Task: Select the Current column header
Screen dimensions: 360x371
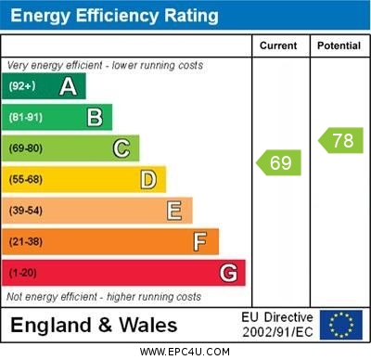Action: click(x=278, y=45)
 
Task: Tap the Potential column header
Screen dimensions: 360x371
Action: click(x=339, y=45)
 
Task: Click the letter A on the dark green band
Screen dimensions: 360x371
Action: click(x=68, y=86)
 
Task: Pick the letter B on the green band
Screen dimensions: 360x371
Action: click(x=95, y=117)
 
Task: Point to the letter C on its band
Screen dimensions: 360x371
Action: click(x=122, y=148)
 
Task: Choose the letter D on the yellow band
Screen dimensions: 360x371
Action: click(x=148, y=179)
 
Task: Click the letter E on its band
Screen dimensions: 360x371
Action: click(x=174, y=211)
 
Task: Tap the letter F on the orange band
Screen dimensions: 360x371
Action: click(x=200, y=241)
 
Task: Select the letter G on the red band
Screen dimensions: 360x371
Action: click(x=228, y=273)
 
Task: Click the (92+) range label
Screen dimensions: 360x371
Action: click(x=22, y=86)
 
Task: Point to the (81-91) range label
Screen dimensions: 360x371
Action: click(x=26, y=118)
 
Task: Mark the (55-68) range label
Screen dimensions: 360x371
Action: click(x=26, y=180)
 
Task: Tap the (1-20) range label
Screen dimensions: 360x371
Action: click(x=23, y=274)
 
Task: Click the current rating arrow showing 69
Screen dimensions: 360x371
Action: click(x=278, y=163)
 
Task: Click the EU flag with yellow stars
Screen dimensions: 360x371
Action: click(x=341, y=325)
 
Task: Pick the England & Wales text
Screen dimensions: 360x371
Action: click(x=94, y=325)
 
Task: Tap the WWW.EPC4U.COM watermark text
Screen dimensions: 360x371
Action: click(x=185, y=352)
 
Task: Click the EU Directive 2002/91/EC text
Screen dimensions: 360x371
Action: click(x=277, y=325)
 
